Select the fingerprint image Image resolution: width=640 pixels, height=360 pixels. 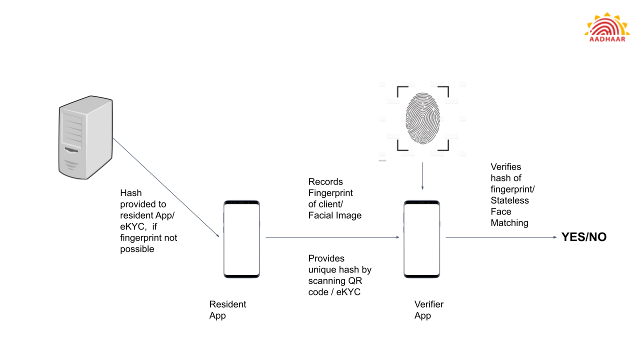[423, 118]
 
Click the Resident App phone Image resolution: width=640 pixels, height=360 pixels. [241, 239]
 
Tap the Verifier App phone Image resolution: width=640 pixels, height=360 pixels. [422, 239]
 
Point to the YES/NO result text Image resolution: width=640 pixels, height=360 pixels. [583, 237]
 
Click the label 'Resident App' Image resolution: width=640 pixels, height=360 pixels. [227, 310]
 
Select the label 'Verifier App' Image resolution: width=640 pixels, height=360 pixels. [428, 310]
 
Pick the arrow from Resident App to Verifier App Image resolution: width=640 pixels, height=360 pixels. [332, 237]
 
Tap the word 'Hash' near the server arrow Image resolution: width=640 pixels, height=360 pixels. [131, 193]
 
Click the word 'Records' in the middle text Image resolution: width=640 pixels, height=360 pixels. [325, 181]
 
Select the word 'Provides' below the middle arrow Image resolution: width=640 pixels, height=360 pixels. [326, 258]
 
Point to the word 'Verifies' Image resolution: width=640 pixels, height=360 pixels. [506, 167]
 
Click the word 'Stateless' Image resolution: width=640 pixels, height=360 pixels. [509, 200]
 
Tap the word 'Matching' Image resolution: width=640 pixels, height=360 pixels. [509, 223]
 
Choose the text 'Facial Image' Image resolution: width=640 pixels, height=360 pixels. [334, 215]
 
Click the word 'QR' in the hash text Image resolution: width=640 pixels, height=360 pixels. [355, 281]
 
